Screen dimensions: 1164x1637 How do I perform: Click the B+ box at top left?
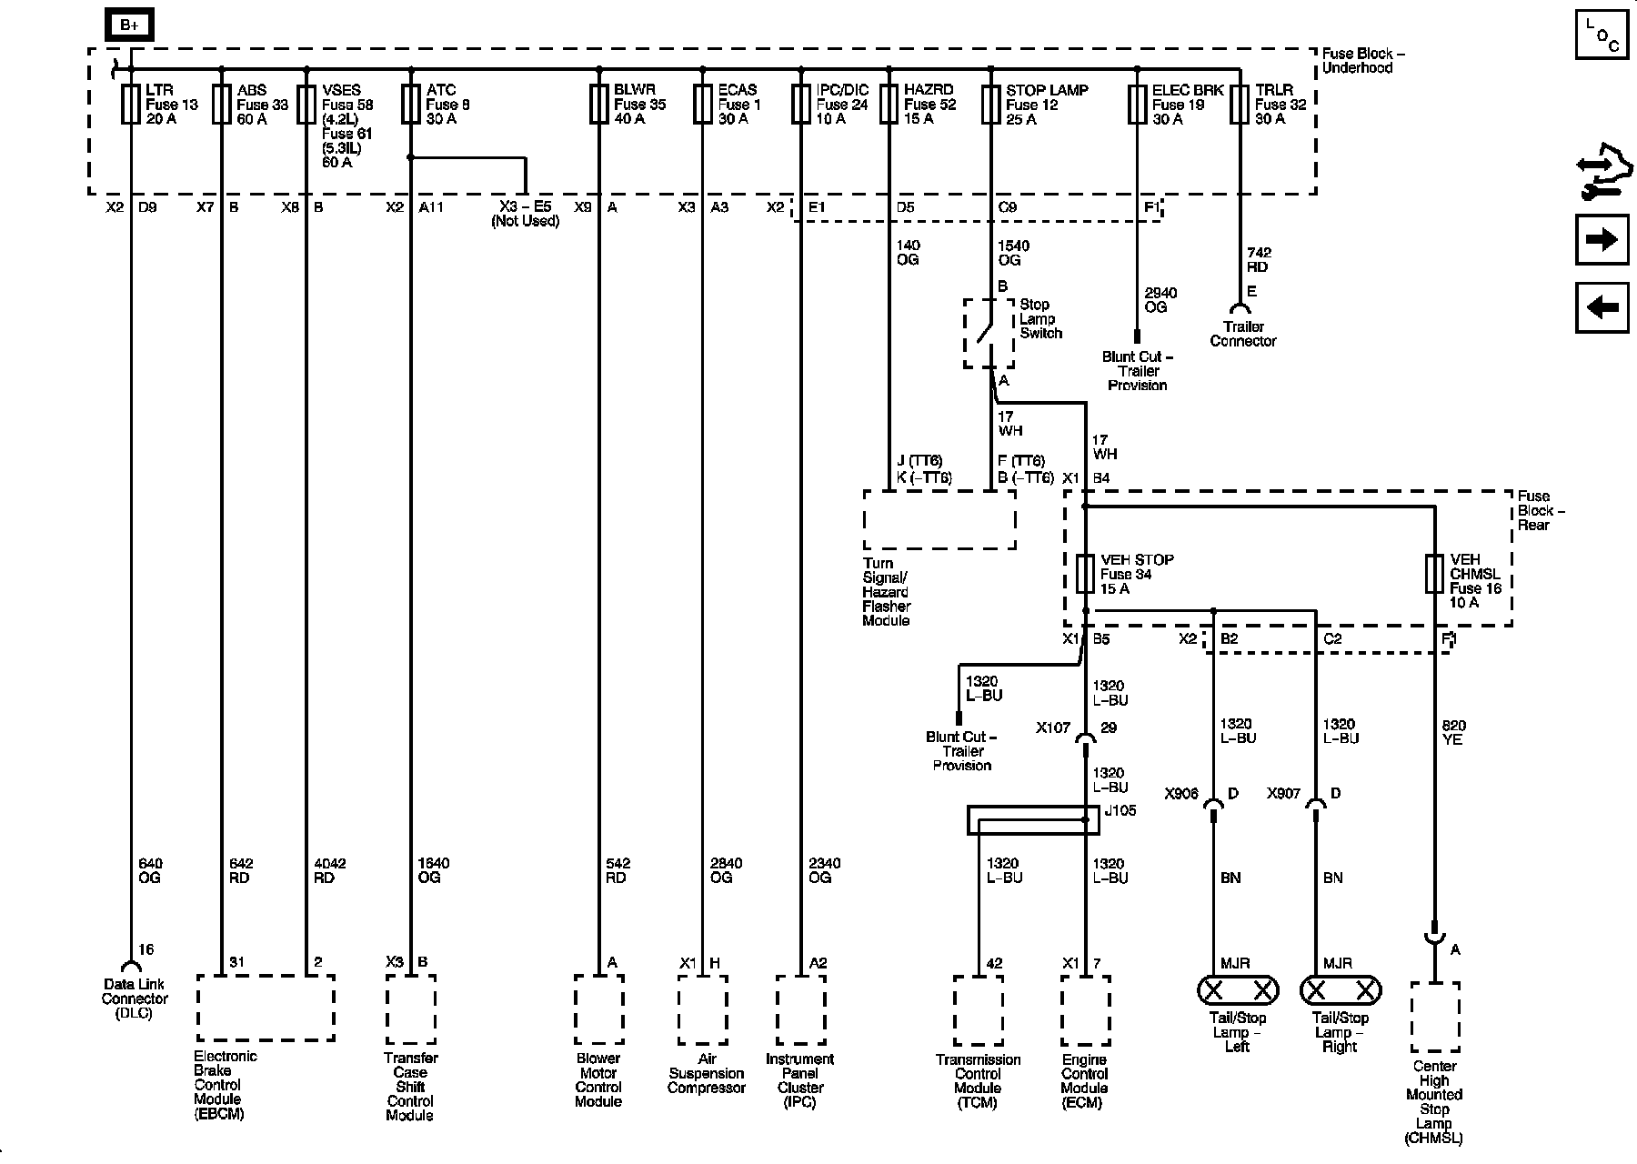(x=129, y=25)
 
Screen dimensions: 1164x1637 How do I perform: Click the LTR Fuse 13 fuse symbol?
(x=130, y=105)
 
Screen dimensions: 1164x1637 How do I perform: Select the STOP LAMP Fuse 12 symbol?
(x=990, y=105)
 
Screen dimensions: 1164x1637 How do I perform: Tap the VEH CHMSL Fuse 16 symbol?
(x=1434, y=574)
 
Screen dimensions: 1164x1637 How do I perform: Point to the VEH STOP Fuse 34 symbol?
(x=1085, y=574)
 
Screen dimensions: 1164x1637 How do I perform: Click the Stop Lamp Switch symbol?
(x=989, y=333)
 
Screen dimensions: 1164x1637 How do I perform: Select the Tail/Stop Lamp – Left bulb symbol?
(x=1238, y=990)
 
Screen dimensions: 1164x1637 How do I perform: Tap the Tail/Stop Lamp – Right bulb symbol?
(x=1340, y=990)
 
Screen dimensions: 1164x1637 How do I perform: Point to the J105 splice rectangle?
(x=1033, y=819)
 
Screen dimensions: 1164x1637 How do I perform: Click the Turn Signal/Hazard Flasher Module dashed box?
(x=939, y=519)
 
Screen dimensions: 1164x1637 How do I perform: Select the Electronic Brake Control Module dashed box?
(x=266, y=1008)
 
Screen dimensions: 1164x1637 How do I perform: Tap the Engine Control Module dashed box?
(x=1085, y=1011)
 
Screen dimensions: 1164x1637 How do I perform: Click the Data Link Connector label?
(x=135, y=998)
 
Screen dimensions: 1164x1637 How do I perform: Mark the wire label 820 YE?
(x=1453, y=733)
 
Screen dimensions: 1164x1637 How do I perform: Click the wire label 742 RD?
(x=1259, y=260)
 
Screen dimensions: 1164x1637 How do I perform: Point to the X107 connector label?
(x=1053, y=728)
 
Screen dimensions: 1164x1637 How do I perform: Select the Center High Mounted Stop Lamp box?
(x=1435, y=1017)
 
